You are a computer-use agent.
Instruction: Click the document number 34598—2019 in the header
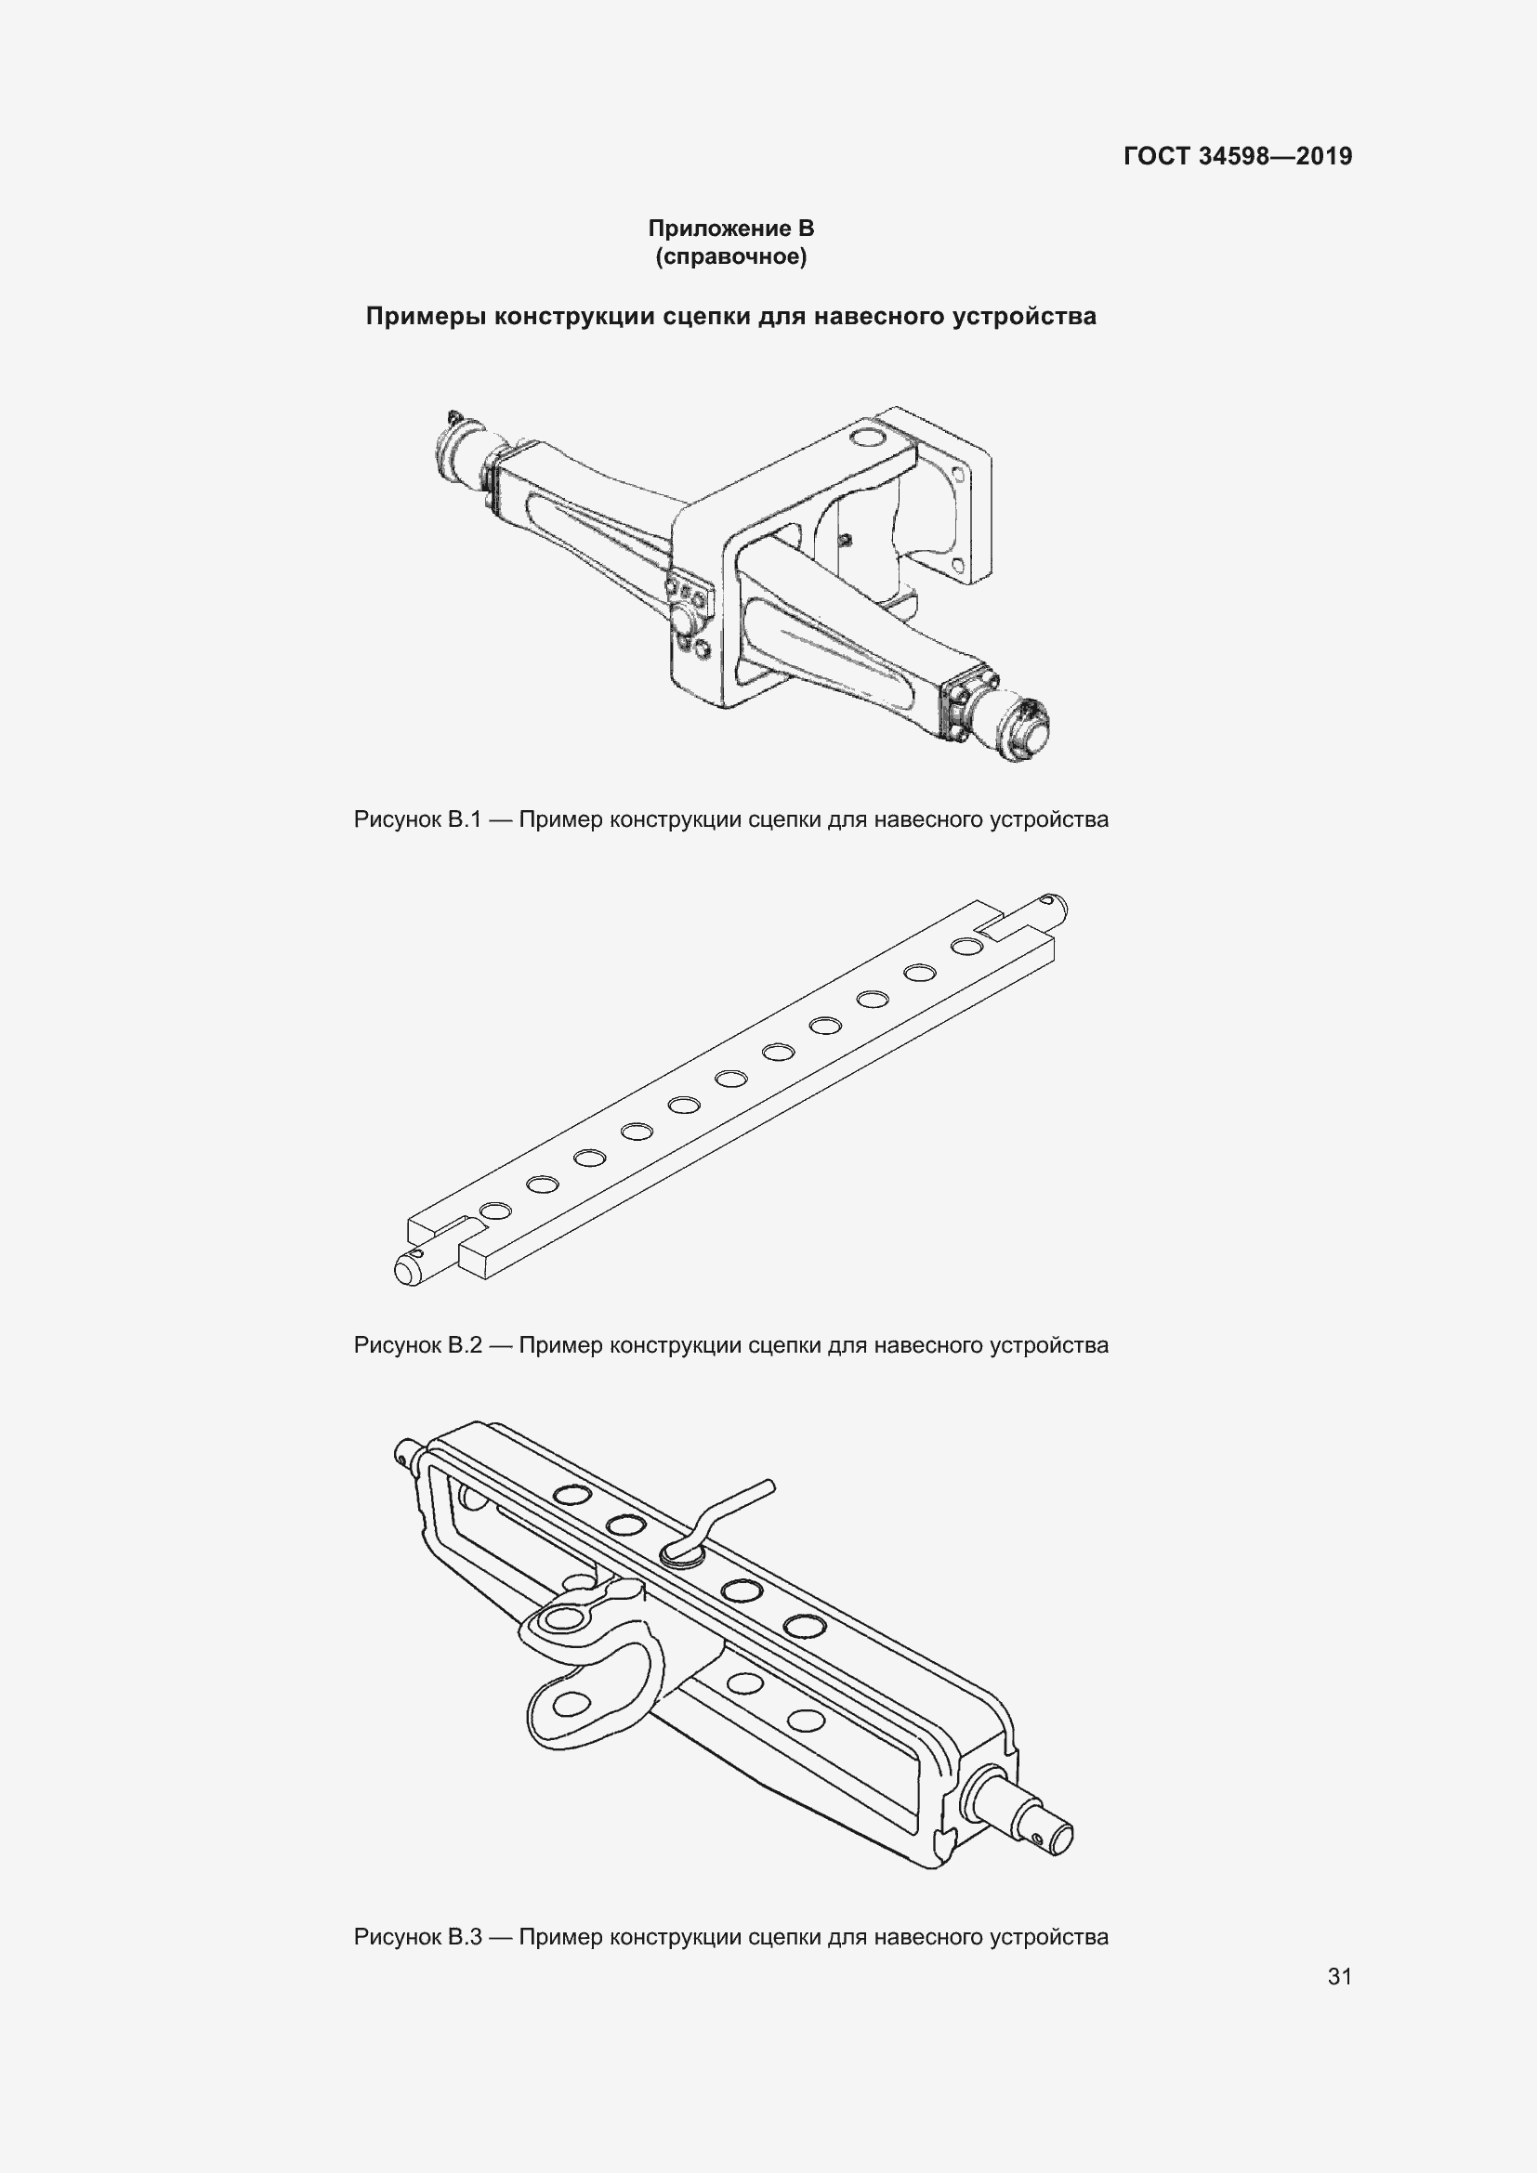[x=1275, y=156]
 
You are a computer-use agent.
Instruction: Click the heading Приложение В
[x=730, y=229]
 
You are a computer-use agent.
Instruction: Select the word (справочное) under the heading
[x=730, y=257]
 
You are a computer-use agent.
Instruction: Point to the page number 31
[x=1339, y=1976]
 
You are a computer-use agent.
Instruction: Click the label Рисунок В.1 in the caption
[x=417, y=819]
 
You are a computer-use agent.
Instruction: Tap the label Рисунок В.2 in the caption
[x=417, y=1345]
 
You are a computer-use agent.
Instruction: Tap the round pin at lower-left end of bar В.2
[x=416, y=1266]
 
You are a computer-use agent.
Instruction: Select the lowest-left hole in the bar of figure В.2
[x=495, y=1211]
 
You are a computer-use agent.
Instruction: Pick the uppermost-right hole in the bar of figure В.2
[x=966, y=947]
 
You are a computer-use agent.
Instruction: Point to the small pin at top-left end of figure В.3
[x=410, y=1455]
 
